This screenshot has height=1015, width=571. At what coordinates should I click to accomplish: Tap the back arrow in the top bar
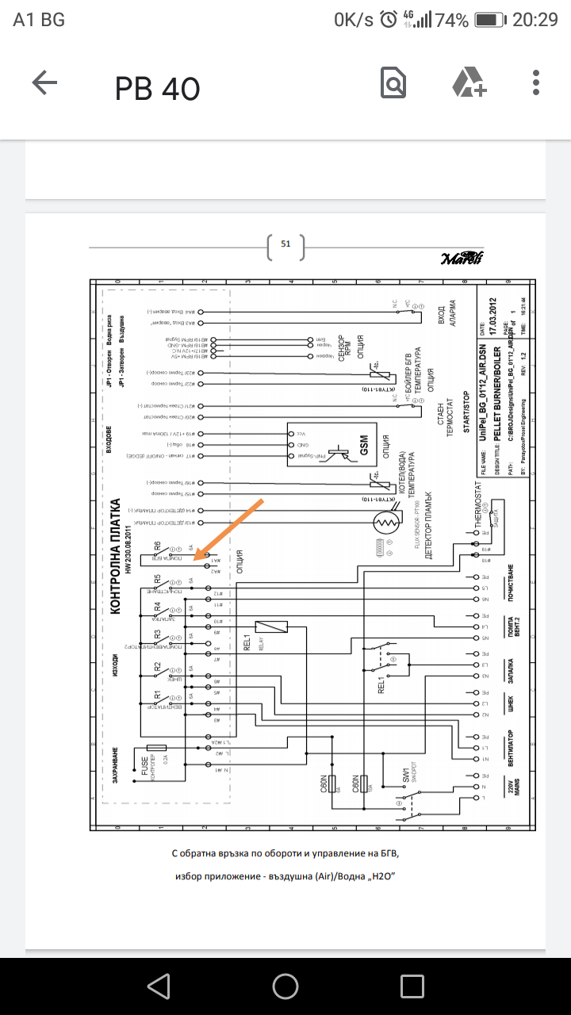click(44, 83)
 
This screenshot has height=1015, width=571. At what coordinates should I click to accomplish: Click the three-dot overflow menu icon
click(537, 83)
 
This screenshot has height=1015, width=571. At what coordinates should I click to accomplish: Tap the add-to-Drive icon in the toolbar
click(469, 83)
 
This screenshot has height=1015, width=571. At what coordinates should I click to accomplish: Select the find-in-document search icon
click(393, 83)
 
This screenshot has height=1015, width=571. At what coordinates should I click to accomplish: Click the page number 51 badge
click(285, 245)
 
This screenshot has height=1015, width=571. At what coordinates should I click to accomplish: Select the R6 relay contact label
click(158, 546)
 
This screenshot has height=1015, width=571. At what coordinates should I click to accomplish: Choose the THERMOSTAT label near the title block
click(477, 507)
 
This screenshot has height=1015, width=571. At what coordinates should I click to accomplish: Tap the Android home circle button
click(285, 986)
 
